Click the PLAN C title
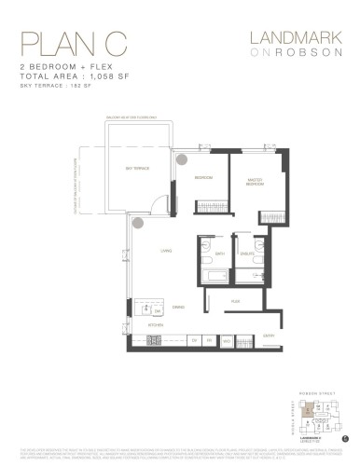click(x=59, y=44)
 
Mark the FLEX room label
click(x=237, y=300)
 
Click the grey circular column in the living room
click(x=138, y=223)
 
